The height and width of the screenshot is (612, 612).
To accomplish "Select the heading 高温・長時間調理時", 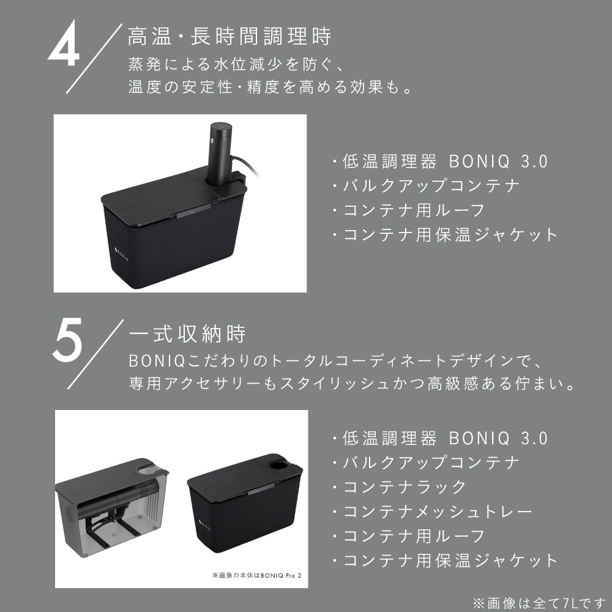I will tap(229, 37).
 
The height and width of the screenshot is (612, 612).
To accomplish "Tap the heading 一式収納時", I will tap(187, 334).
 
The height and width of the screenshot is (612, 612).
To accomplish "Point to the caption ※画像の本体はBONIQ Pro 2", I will tap(256, 575).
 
